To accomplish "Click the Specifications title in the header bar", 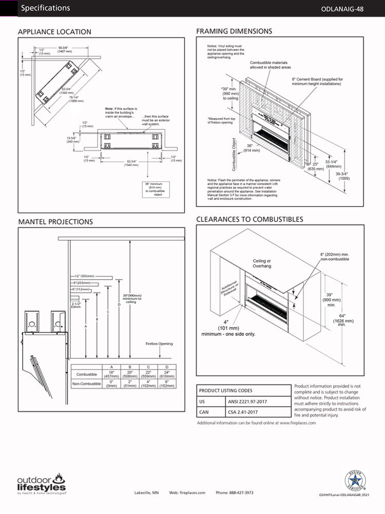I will (x=46, y=8).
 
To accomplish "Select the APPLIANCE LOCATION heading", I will (x=54, y=32).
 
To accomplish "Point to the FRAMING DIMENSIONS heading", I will (x=234, y=31).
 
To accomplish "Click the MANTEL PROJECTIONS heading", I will (x=55, y=222).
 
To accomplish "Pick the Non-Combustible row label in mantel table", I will (x=87, y=384).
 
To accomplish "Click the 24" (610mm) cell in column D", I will (x=167, y=374).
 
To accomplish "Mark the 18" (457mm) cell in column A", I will (x=111, y=374).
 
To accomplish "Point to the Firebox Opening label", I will (x=159, y=344).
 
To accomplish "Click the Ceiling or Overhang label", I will (x=262, y=264).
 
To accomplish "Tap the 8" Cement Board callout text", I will (x=317, y=82).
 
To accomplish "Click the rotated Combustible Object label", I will (x=234, y=154).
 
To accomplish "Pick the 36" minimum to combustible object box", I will (x=153, y=189).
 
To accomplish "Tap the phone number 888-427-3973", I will (x=235, y=492).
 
